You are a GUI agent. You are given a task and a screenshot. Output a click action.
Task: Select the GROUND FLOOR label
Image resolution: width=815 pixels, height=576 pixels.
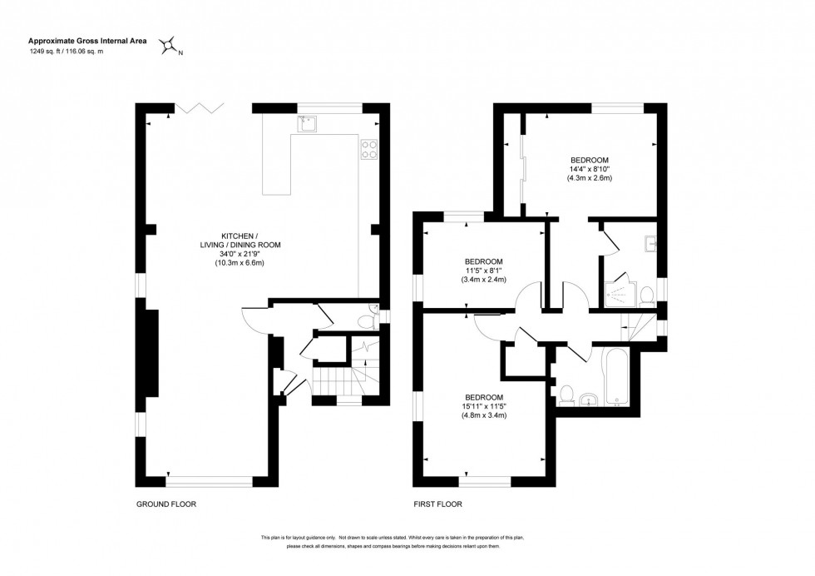click(166, 504)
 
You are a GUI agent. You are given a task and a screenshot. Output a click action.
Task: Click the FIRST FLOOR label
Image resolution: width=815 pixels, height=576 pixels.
click(437, 504)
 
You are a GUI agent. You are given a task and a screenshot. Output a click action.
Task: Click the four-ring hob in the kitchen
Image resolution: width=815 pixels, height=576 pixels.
click(368, 149)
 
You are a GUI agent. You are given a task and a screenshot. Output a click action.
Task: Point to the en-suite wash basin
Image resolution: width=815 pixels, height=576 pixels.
click(650, 245)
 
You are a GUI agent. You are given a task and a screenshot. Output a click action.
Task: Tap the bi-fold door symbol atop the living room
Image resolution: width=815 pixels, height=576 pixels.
click(200, 108)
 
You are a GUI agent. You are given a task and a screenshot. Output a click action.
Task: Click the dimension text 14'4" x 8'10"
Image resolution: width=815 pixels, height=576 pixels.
click(590, 169)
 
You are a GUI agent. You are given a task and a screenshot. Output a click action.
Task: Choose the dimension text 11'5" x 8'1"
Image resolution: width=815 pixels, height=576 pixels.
click(483, 271)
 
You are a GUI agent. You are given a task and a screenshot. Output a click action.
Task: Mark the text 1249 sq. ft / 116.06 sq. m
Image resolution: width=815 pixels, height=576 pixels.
click(67, 52)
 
